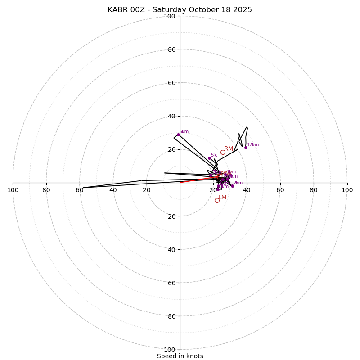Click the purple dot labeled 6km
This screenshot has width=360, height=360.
tap(178, 135)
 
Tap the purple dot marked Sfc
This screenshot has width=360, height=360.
tap(209, 158)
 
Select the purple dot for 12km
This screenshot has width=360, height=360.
tap(246, 148)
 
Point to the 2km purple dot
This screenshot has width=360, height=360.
tap(232, 186)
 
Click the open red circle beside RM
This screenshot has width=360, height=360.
tap(223, 153)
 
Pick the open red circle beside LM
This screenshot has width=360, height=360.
tap(217, 200)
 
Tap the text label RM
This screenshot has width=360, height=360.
tap(229, 149)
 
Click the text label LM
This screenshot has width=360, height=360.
tap(222, 197)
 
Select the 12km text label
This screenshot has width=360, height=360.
tap(253, 145)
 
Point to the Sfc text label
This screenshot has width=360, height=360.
tap(214, 155)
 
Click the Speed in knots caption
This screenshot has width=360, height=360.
tap(180, 356)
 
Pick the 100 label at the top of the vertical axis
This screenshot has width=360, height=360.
tap(170, 16)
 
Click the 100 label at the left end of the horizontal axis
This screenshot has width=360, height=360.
tap(13, 190)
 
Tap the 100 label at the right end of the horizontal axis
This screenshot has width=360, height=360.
tap(347, 190)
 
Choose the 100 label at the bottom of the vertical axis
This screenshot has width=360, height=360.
tap(170, 350)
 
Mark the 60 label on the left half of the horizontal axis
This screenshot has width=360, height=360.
tap(80, 190)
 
